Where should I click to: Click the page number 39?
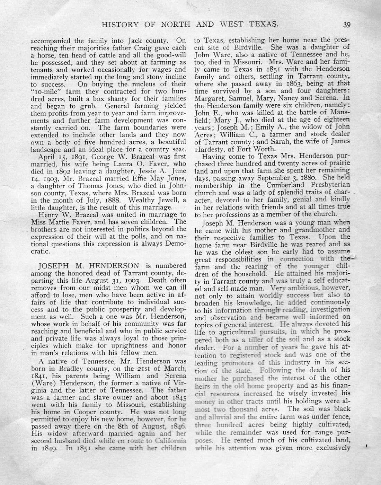coord(347,24)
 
